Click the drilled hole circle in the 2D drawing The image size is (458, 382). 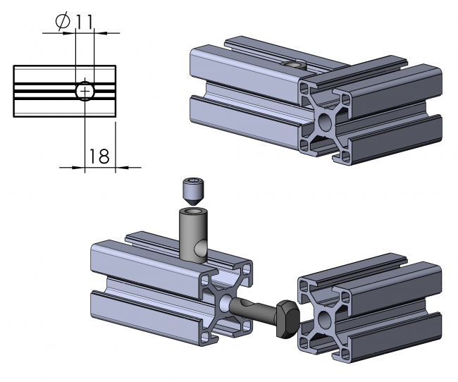click(x=84, y=91)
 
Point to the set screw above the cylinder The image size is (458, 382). click(x=192, y=190)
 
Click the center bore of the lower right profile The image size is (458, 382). click(x=325, y=317)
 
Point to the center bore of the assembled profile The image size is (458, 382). click(x=324, y=122)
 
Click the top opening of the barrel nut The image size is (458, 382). click(x=192, y=209)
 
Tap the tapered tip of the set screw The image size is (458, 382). click(x=192, y=199)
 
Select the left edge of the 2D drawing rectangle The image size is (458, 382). click(x=13, y=91)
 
